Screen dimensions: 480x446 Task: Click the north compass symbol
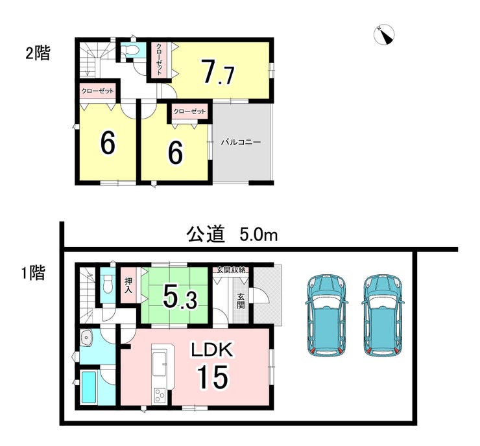pyautogui.click(x=384, y=34)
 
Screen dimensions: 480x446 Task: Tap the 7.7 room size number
pyautogui.click(x=218, y=73)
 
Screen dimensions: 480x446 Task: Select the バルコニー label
pyautogui.click(x=241, y=142)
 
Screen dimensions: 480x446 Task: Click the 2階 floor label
pyautogui.click(x=38, y=53)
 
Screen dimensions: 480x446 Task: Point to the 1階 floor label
pyautogui.click(x=33, y=273)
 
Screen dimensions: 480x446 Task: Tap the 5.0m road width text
pyautogui.click(x=259, y=235)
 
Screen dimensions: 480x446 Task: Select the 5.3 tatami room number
pyautogui.click(x=180, y=297)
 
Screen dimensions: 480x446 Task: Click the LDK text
pyautogui.click(x=212, y=349)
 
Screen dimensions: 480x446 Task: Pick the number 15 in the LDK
pyautogui.click(x=213, y=377)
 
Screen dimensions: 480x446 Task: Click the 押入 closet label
pyautogui.click(x=128, y=285)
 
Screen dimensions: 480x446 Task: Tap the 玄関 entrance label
pyautogui.click(x=241, y=301)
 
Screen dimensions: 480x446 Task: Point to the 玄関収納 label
pyautogui.click(x=231, y=270)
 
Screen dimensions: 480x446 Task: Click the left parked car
pyautogui.click(x=327, y=316)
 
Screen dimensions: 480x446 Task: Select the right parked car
pyautogui.click(x=383, y=316)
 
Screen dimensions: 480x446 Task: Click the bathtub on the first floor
pyautogui.click(x=89, y=386)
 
